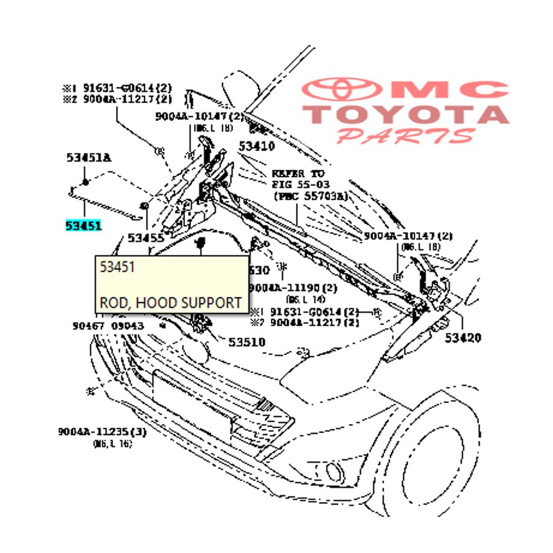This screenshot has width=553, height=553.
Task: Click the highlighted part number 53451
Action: tap(84, 226)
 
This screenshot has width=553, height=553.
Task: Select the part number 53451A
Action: tap(88, 158)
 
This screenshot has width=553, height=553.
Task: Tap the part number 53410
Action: tap(257, 146)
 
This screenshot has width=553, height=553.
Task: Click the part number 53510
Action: tap(246, 342)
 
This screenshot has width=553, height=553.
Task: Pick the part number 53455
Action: tap(146, 237)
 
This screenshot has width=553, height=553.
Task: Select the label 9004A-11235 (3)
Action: tap(103, 432)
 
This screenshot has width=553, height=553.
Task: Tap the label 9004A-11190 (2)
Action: tap(294, 288)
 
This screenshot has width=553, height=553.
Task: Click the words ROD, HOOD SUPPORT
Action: tap(170, 303)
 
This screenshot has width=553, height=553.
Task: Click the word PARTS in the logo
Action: tap(406, 136)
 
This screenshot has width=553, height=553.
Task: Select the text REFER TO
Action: tap(298, 174)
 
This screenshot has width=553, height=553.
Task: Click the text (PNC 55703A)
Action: tap(310, 196)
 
